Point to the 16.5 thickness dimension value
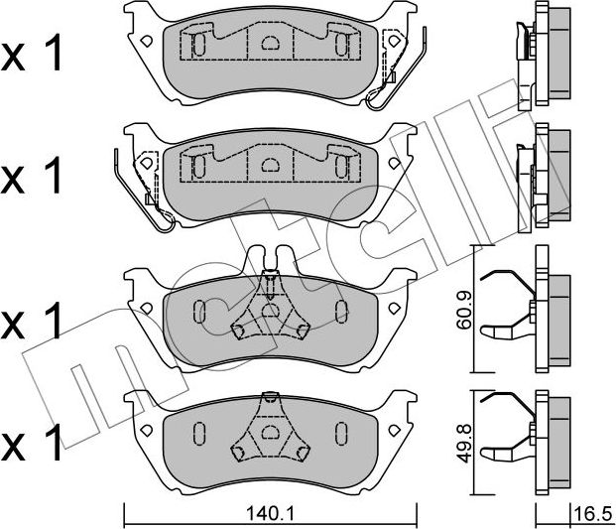point(593,515)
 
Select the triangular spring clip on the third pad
point(269,312)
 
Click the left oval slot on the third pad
point(198,312)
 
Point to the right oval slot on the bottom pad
point(341,433)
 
